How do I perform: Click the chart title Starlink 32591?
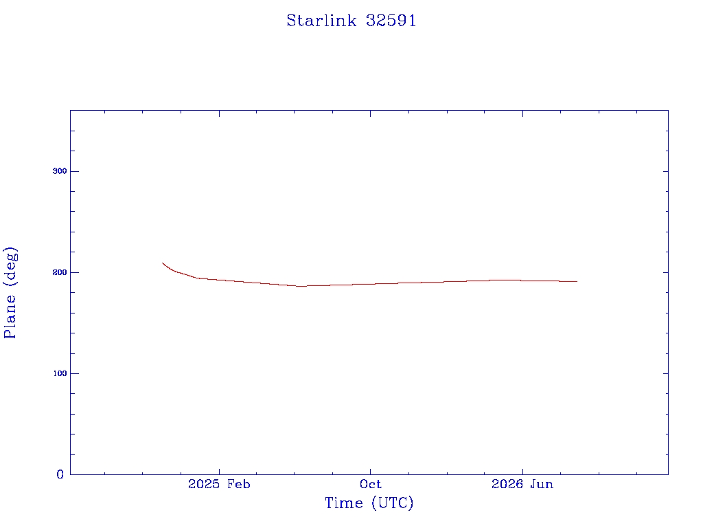(351, 21)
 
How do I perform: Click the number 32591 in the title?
(391, 21)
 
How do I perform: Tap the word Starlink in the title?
(321, 21)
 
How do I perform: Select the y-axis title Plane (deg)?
(10, 293)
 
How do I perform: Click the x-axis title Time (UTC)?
(369, 503)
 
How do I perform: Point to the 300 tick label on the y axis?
(60, 171)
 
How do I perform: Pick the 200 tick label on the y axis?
(60, 272)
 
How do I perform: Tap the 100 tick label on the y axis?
(60, 373)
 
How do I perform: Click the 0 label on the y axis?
(60, 474)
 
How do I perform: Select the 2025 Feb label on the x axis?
(219, 484)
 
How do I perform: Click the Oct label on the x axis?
(370, 484)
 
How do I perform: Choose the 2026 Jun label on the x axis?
(522, 484)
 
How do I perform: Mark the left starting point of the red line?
(162, 263)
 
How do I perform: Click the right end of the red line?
(577, 281)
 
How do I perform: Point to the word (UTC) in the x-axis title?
(392, 503)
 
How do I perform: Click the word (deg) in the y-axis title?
(10, 267)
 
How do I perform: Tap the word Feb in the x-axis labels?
(238, 484)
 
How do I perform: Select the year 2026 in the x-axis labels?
(507, 484)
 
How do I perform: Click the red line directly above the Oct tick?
(370, 284)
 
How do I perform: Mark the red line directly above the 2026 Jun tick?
(522, 280)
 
